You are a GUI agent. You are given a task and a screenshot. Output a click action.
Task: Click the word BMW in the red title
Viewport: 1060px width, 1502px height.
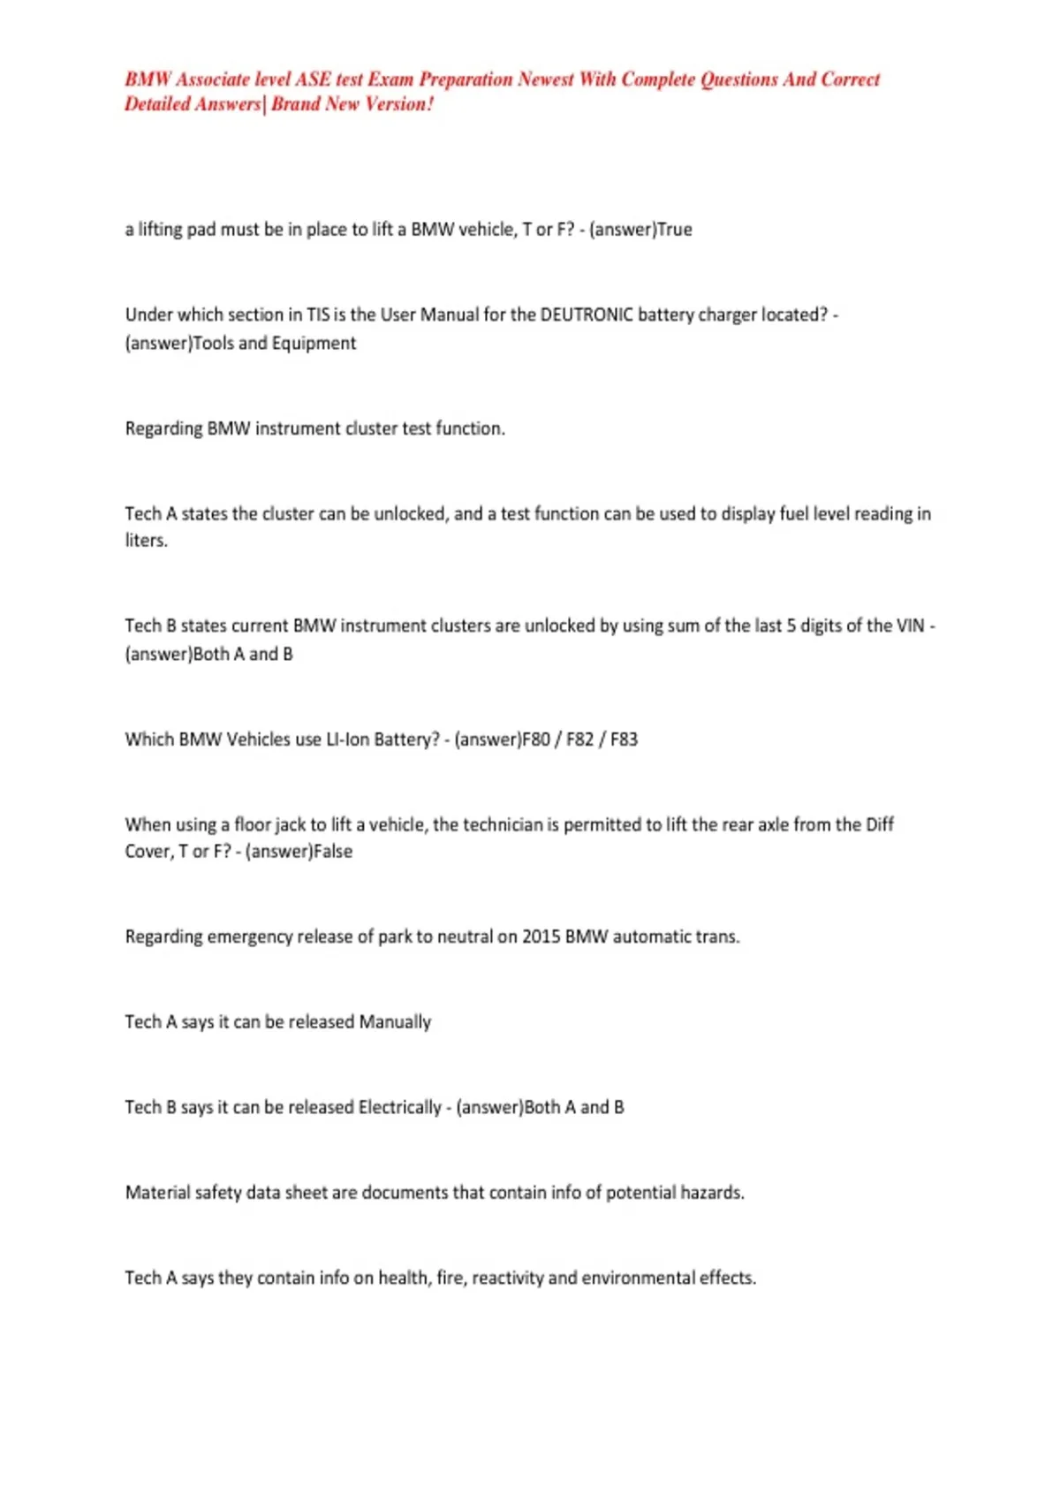pos(148,80)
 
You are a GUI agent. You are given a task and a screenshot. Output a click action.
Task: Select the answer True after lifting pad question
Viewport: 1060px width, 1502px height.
pos(675,230)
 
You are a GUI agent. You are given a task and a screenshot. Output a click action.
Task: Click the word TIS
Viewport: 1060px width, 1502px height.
pos(318,315)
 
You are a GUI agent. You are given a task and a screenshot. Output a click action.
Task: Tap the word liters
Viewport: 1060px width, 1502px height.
pos(146,541)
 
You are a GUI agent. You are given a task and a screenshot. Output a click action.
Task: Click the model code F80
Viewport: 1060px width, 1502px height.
pos(536,740)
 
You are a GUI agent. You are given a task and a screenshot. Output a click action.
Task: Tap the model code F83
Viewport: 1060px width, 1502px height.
pos(624,740)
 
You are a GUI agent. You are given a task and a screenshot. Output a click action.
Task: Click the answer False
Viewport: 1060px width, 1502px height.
pos(333,852)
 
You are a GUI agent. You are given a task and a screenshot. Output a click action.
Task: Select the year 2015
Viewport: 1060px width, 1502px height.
pos(541,937)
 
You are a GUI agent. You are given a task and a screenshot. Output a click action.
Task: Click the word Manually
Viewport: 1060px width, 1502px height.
pos(395,1022)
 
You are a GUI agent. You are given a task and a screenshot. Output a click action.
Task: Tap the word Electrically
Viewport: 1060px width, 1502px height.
pos(399,1107)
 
